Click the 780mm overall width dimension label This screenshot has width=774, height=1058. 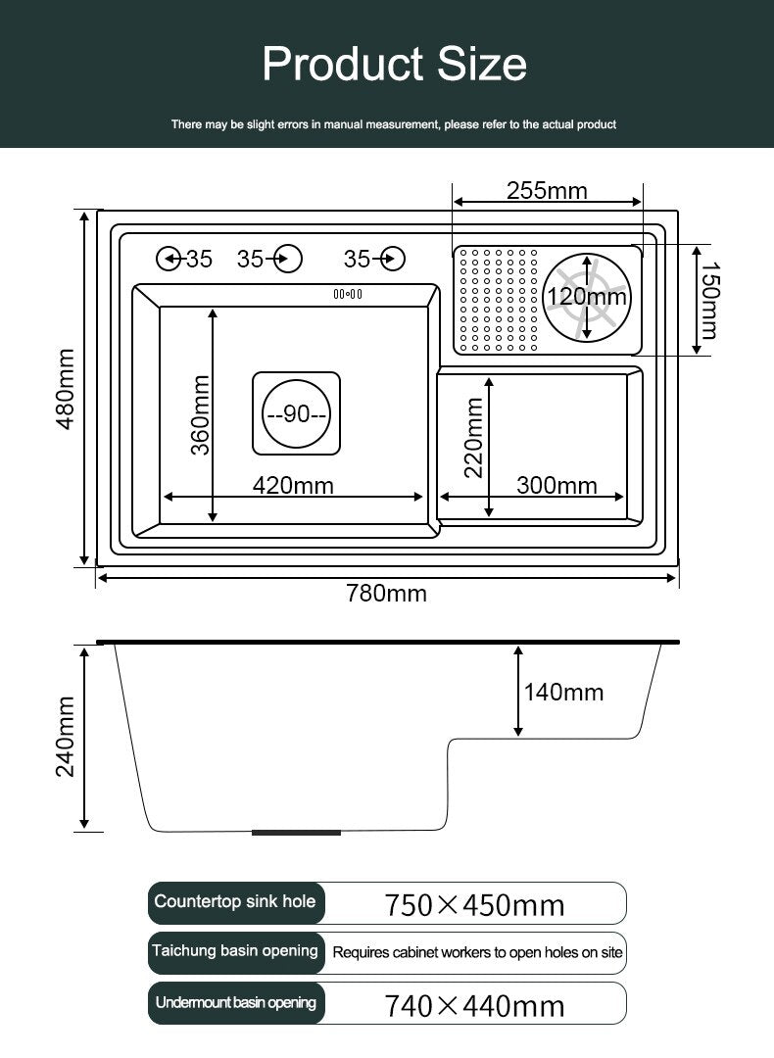tap(386, 593)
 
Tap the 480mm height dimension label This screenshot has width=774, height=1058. tap(66, 389)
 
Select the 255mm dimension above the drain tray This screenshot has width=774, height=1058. tap(547, 190)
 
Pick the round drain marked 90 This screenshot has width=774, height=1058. tap(296, 413)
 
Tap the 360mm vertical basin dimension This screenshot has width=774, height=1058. tap(201, 415)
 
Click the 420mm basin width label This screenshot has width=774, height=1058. tap(293, 485)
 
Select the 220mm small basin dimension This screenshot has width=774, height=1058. tap(474, 438)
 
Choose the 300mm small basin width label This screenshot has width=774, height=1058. tap(556, 485)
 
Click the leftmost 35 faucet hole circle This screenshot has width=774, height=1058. tap(168, 259)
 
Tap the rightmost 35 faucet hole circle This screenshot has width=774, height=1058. tap(393, 259)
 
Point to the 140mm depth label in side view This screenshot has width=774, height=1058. tap(563, 693)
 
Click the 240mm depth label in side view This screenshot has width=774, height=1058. tap(66, 737)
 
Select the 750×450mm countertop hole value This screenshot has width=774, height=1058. tap(474, 905)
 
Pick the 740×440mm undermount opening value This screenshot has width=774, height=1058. tap(474, 1005)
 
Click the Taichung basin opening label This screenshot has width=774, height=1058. tap(235, 951)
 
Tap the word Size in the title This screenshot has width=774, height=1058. tap(482, 64)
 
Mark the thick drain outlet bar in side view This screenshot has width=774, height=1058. tap(296, 833)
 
